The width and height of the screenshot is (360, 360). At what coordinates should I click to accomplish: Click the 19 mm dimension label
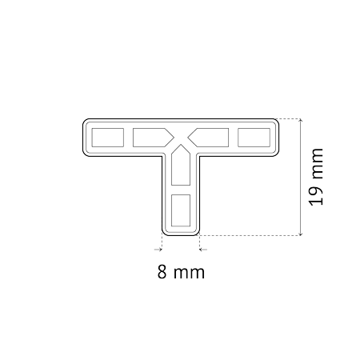point(316,177)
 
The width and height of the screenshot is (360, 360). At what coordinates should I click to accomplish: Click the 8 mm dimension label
point(181,272)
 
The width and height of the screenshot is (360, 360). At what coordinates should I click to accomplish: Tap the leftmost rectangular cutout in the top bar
point(108,138)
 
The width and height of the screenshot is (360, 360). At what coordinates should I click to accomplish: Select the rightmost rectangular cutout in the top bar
point(254,138)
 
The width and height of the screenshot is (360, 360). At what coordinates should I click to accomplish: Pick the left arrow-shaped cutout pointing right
point(153,138)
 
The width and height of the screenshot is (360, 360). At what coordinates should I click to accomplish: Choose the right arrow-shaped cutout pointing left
point(209,138)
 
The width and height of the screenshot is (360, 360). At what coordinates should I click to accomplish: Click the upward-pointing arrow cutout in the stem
point(181,166)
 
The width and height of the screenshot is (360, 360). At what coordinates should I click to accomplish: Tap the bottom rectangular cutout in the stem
point(181,210)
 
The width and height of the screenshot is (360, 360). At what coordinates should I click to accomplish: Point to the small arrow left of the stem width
point(158,250)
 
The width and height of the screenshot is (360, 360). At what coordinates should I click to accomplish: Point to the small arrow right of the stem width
point(203,250)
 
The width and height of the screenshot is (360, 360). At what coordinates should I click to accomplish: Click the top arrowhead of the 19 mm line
point(301,121)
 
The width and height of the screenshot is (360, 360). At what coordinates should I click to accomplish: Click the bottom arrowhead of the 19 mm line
point(301,234)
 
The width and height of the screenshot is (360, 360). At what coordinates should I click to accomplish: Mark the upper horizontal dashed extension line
point(289,118)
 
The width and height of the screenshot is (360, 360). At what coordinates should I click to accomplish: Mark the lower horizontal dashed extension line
point(250,235)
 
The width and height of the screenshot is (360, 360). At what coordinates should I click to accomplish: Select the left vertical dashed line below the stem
point(162,241)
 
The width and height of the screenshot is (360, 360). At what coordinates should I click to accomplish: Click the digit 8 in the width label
point(162,272)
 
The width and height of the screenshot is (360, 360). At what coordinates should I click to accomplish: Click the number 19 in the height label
point(316,197)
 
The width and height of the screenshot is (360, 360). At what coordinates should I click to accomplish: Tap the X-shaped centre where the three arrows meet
point(181,138)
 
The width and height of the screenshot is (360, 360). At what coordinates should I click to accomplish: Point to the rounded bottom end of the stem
point(181,234)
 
